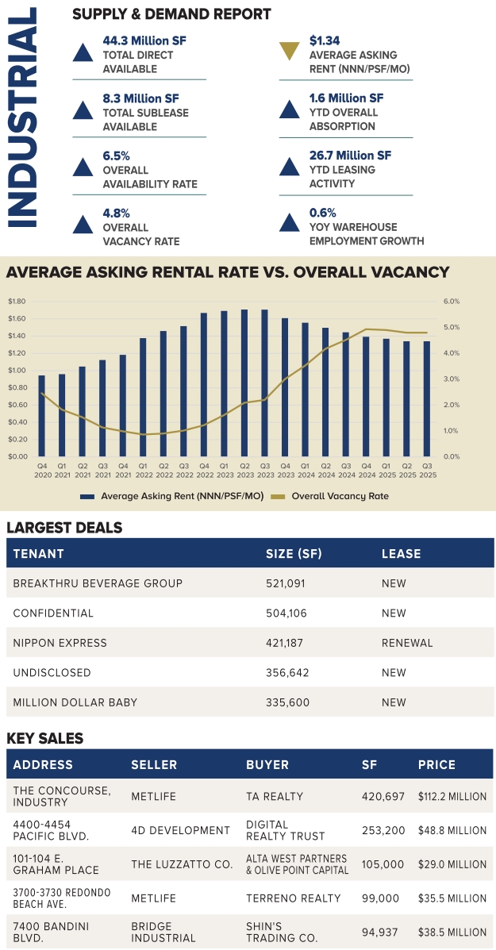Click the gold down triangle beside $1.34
pos(291,52)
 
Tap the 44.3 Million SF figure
pos(144,40)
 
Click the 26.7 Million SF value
pos(350,156)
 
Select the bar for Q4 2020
pos(42,415)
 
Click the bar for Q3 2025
pos(428,398)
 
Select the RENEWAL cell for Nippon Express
pos(407,643)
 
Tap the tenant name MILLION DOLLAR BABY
pos(75,702)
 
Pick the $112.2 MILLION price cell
pos(452,796)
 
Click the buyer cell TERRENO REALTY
pos(293,898)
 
